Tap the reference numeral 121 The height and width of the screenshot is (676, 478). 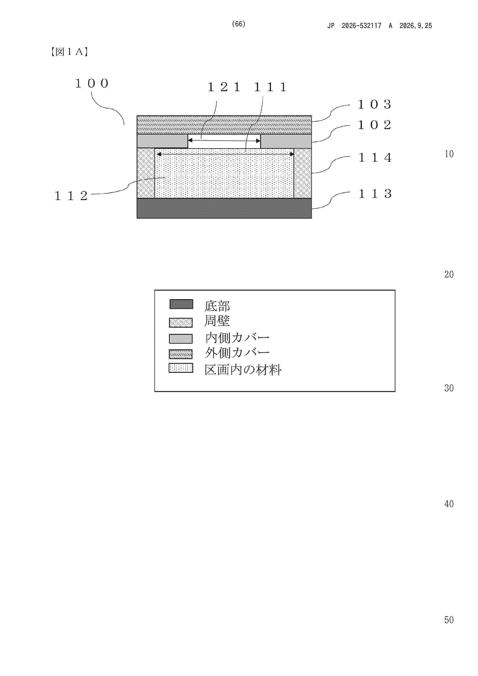(224, 87)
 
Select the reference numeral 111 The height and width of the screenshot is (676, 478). (270, 87)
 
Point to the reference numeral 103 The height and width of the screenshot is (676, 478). (375, 104)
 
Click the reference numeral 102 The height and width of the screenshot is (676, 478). (375, 125)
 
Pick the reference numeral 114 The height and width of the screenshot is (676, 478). (375, 157)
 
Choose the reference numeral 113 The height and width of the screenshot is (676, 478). (375, 193)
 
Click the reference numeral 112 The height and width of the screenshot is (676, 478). (71, 196)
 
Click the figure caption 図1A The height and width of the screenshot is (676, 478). (69, 52)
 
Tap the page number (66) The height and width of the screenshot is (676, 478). (239, 24)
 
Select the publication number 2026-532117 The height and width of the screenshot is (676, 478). (361, 26)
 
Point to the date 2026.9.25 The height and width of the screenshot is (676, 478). (416, 26)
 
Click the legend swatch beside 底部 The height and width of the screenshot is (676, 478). (181, 304)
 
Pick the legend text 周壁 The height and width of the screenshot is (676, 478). (217, 321)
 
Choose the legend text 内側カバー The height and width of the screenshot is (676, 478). (237, 338)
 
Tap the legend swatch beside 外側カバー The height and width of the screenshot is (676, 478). (181, 354)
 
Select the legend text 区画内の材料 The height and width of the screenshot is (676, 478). (243, 369)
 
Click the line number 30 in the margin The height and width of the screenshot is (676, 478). (449, 388)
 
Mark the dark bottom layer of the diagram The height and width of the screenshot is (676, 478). (224, 208)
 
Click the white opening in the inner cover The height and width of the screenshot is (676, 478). (224, 141)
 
